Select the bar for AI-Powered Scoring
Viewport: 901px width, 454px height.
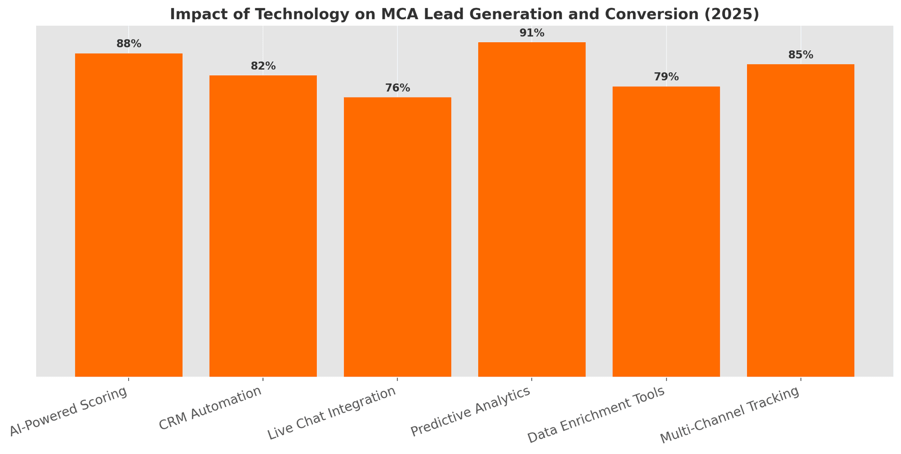coord(129,215)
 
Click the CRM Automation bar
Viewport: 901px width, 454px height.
coord(263,226)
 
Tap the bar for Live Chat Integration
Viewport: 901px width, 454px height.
coord(397,237)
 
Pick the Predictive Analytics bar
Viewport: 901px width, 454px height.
coord(532,209)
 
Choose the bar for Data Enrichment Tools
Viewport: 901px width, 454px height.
coord(666,231)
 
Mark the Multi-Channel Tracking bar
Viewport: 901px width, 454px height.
coord(801,220)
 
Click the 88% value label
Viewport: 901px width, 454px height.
coord(129,44)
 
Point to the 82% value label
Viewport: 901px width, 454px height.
coord(263,66)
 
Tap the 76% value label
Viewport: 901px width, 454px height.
coord(397,88)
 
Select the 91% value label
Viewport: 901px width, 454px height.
coord(532,33)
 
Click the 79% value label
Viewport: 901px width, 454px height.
coord(666,77)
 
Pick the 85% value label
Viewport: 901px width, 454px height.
coord(801,55)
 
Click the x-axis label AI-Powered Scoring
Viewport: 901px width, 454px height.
coord(69,412)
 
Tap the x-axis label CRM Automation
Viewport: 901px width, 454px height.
coord(210,408)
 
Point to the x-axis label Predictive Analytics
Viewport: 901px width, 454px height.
coord(471,412)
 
